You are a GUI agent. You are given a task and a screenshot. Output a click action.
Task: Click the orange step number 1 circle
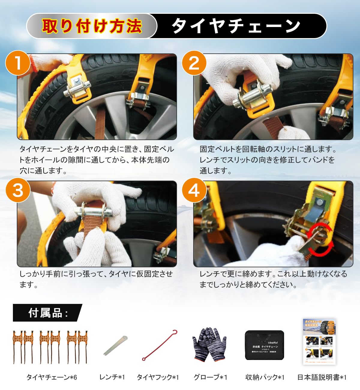click(x=18, y=63)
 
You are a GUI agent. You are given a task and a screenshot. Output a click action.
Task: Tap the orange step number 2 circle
click(x=194, y=63)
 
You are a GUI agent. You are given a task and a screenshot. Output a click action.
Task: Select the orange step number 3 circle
click(x=18, y=190)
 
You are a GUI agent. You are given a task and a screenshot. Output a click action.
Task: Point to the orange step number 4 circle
click(x=194, y=190)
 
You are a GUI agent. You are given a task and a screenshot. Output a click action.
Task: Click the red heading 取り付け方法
click(x=92, y=26)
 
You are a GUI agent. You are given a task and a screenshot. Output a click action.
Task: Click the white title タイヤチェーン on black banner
click(x=236, y=26)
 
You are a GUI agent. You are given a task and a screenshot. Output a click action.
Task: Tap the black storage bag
click(x=264, y=345)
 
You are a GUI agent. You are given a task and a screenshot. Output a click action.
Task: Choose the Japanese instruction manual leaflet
click(x=319, y=342)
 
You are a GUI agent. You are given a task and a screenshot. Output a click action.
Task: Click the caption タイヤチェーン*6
click(x=52, y=377)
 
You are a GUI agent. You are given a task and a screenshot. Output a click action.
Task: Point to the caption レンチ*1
click(x=112, y=377)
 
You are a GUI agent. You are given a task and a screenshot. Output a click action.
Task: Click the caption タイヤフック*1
click(x=158, y=377)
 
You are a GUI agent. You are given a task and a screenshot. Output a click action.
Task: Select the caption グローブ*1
click(x=210, y=377)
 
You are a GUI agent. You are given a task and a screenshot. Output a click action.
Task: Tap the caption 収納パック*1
click(x=265, y=377)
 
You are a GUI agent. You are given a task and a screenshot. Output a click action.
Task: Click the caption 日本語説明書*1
click(x=322, y=377)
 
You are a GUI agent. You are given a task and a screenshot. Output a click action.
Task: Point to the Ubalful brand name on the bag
click(x=273, y=342)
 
